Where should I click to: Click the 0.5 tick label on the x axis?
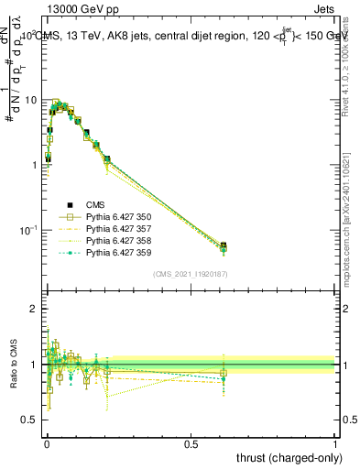(x=191, y=442)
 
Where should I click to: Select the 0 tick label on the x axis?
(x=47, y=442)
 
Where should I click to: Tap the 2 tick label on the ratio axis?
(x=34, y=309)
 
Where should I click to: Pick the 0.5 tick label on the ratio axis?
(x=29, y=420)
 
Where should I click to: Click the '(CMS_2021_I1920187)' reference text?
(x=191, y=273)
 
